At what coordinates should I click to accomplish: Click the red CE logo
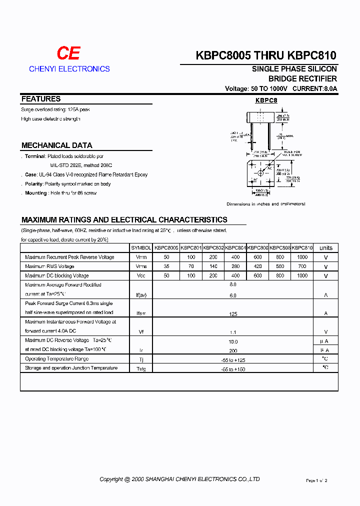tap(68, 53)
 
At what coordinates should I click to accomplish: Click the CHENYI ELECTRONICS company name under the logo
tap(69, 69)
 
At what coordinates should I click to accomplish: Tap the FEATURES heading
tap(41, 99)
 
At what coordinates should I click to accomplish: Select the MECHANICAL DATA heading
tap(56, 145)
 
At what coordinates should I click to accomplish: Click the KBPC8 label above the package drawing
tap(266, 100)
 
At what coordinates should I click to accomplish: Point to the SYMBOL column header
tap(141, 248)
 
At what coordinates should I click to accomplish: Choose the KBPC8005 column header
tap(166, 248)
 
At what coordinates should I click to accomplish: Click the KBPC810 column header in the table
tap(302, 248)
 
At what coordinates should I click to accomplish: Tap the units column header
tap(326, 248)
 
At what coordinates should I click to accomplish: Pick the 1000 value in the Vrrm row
tap(302, 257)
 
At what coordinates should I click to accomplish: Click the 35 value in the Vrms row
tap(166, 266)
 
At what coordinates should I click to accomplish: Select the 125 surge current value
tap(232, 313)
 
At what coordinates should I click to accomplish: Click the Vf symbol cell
tap(141, 331)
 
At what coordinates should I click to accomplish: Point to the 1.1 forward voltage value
tap(232, 331)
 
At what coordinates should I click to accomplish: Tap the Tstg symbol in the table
tap(141, 369)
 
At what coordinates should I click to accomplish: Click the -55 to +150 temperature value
tap(232, 369)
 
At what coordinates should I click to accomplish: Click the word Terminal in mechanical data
tap(35, 156)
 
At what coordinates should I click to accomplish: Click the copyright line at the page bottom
tap(179, 479)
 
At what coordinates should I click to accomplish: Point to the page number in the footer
tap(316, 480)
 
